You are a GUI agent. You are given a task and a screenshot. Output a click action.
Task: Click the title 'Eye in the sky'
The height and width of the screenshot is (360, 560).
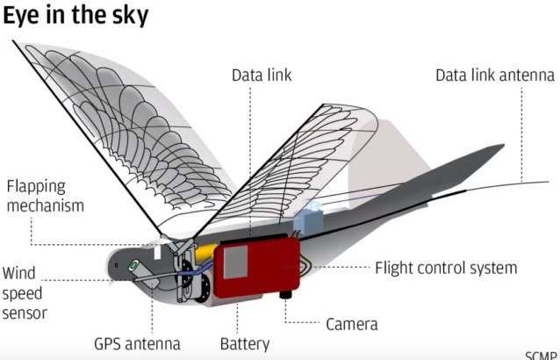coord(75,16)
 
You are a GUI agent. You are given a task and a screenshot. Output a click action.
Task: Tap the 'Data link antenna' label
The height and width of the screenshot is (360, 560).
coord(495,76)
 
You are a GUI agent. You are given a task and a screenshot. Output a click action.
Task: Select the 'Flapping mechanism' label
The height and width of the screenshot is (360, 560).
coord(46,196)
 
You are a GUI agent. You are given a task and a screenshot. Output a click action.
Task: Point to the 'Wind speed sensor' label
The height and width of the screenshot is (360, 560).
coord(25,293)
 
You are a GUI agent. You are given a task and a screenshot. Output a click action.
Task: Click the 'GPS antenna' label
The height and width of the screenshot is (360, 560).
coord(137,344)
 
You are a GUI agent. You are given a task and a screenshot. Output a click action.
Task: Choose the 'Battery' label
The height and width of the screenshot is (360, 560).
coord(245,344)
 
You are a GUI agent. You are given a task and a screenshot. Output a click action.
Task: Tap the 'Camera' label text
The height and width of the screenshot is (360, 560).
coord(352,324)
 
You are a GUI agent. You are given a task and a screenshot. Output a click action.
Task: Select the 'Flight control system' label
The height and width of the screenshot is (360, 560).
coord(446,268)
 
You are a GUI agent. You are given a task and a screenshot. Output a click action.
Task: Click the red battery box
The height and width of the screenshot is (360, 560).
coord(257,268)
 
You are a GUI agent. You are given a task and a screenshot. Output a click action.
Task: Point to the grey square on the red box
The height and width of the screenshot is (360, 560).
coord(236,262)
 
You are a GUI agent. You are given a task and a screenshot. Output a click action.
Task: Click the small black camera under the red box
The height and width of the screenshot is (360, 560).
coord(286,295)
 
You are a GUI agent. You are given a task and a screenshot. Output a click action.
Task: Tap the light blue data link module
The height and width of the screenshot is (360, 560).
coord(308,219)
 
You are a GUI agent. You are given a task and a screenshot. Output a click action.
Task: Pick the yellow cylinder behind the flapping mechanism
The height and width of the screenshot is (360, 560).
coord(206,252)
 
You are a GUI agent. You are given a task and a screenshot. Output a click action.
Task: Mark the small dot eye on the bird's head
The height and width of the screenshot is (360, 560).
coord(116,265)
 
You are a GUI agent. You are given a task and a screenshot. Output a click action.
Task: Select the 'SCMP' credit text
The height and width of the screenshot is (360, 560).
coord(541,356)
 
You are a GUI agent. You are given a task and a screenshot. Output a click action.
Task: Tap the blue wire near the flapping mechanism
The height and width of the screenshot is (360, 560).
coord(196,270)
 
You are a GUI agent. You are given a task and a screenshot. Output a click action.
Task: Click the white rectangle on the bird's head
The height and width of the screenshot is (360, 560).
coord(157,252)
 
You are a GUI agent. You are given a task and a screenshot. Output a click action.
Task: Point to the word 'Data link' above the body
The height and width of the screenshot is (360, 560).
coord(262,76)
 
